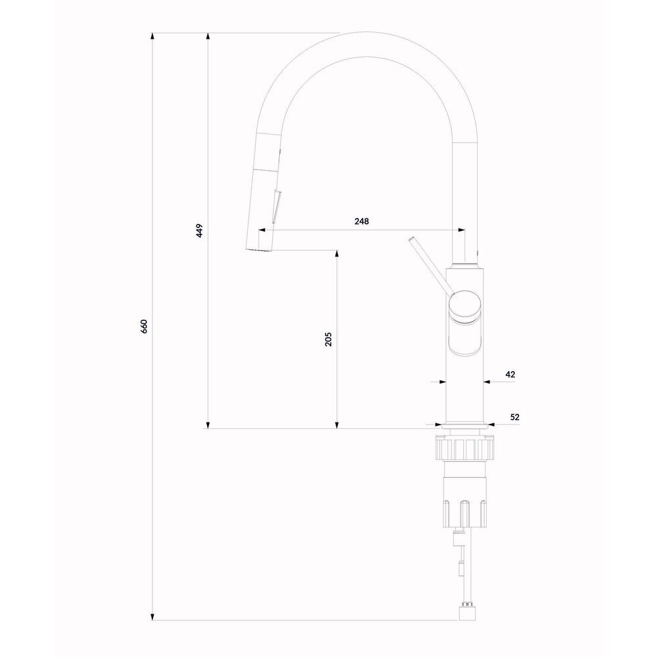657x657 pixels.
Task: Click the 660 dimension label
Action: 144,326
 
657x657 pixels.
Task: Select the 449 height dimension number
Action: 200,231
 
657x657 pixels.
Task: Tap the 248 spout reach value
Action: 361,221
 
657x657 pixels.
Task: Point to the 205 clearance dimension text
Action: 328,339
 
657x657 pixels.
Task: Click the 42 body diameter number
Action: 510,374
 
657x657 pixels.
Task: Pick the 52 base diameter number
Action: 515,417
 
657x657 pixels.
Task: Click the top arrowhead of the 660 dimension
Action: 152,37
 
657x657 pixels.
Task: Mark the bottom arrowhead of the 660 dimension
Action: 152,616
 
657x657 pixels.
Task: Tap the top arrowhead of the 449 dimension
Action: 208,37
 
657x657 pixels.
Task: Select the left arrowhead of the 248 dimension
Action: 262,229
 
